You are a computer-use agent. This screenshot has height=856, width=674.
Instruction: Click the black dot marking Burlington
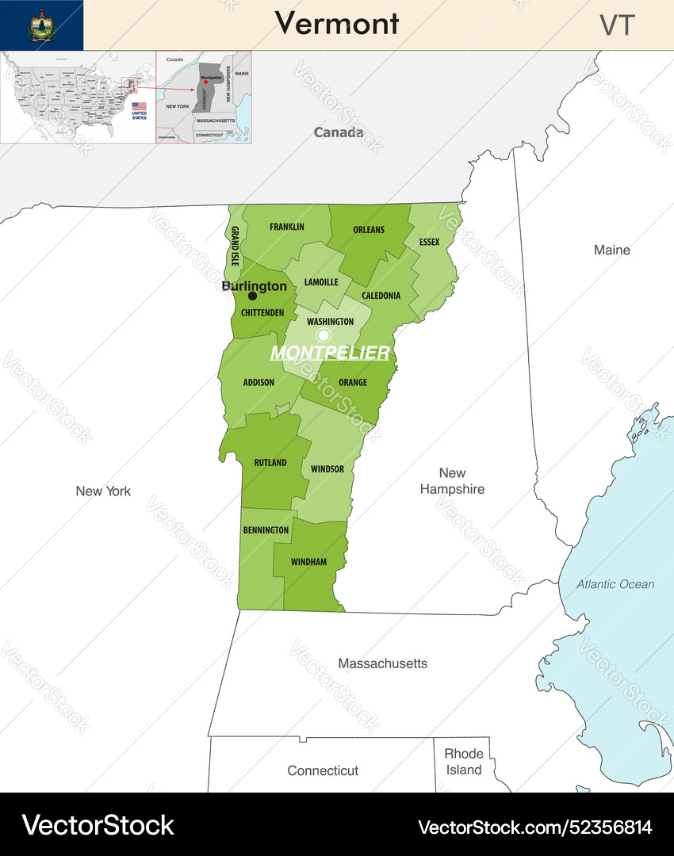tap(252, 296)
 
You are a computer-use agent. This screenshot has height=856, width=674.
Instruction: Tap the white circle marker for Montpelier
tap(324, 335)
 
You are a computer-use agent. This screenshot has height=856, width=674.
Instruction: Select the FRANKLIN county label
tap(286, 227)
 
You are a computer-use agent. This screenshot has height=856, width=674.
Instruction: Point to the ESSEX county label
tap(429, 242)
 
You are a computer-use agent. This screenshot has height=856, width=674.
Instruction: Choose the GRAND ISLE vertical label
tap(235, 245)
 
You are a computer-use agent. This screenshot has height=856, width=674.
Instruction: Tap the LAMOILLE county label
tap(321, 281)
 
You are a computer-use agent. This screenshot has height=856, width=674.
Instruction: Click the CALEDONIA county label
tap(381, 296)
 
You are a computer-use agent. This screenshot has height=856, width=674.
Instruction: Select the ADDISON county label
tap(258, 382)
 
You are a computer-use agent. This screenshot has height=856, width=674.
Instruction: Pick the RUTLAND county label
tap(270, 462)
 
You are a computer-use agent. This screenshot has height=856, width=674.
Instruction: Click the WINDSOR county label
tap(327, 468)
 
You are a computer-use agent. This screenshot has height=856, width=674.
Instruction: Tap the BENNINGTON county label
tap(266, 529)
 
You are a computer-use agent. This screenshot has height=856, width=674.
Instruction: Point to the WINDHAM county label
tap(308, 562)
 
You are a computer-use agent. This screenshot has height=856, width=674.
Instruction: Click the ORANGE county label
tap(353, 382)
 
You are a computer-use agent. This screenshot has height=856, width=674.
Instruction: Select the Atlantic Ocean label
tap(615, 584)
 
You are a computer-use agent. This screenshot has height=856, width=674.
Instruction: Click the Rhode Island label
tap(463, 762)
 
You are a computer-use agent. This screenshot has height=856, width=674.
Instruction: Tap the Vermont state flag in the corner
tap(41, 25)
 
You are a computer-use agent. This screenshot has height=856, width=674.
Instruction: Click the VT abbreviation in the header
tap(617, 25)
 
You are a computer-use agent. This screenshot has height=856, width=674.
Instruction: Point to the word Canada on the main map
tap(339, 132)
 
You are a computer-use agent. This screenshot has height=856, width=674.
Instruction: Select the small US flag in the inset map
tap(139, 106)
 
